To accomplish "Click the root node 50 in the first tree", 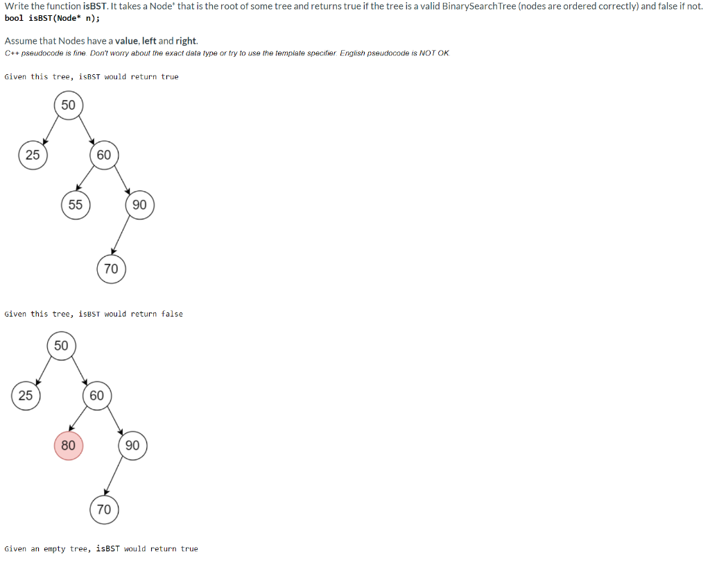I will tap(68, 106).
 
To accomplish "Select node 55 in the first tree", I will tap(75, 205).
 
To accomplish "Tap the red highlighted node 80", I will tap(68, 445).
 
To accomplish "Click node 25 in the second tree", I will tap(26, 396).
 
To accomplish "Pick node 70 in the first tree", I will tap(111, 269).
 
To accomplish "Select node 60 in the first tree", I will tap(103, 155).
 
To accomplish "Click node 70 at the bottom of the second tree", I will tap(103, 510).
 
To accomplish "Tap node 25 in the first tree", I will tap(33, 155).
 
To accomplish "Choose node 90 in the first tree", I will tap(139, 205).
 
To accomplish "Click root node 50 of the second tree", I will tap(61, 346).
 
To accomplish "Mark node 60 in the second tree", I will tap(96, 396).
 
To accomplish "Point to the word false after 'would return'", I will tap(172, 314).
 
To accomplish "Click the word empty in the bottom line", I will tap(55, 549).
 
